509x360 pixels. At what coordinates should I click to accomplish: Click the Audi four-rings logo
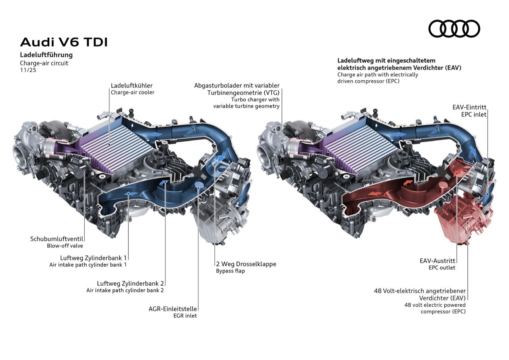[x=454, y=29]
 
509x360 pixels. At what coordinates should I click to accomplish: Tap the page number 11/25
[x=28, y=70]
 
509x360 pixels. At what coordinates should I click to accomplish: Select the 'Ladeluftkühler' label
[x=132, y=86]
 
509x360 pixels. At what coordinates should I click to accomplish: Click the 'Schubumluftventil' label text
[x=57, y=239]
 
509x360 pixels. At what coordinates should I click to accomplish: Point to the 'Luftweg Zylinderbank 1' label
[x=93, y=258]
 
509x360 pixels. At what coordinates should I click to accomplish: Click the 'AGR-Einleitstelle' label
[x=173, y=309]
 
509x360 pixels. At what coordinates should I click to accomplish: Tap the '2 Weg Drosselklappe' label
[x=246, y=264]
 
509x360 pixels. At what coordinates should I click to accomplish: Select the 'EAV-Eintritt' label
[x=469, y=107]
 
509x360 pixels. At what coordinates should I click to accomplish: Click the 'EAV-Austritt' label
[x=437, y=261]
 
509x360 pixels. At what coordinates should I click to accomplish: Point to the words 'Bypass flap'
[x=230, y=271]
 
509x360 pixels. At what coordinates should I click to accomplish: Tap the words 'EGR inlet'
[x=185, y=316]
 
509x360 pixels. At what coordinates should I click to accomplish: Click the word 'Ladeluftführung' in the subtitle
[x=46, y=55]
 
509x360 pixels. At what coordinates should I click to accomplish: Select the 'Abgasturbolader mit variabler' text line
[x=237, y=86]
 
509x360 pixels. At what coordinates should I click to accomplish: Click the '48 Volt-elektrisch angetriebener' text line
[x=420, y=291]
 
